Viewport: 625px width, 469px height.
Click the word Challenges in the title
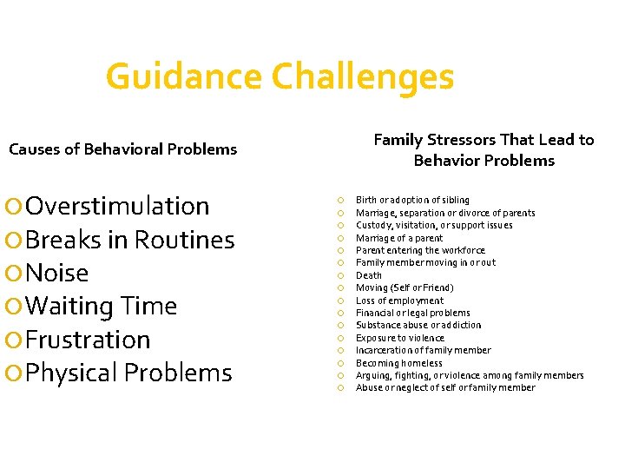(x=363, y=76)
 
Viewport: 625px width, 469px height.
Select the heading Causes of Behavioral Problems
(x=122, y=149)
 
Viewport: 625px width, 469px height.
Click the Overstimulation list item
(x=117, y=206)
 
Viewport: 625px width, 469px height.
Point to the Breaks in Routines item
(x=130, y=240)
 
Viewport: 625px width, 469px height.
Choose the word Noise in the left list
(x=57, y=273)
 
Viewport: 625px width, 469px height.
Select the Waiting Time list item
(x=102, y=306)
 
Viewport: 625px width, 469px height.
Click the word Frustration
(x=88, y=340)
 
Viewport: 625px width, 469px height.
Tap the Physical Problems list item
(x=129, y=373)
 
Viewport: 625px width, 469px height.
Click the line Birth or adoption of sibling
(x=412, y=200)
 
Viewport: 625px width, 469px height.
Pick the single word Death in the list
(x=369, y=275)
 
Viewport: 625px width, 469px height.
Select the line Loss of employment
(x=399, y=301)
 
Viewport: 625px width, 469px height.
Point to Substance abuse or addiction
(x=418, y=325)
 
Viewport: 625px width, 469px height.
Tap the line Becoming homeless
(x=398, y=363)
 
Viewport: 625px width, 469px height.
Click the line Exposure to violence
(x=399, y=338)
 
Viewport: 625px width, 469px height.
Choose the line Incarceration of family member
(x=423, y=350)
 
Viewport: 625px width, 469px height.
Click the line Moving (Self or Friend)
(x=405, y=287)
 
